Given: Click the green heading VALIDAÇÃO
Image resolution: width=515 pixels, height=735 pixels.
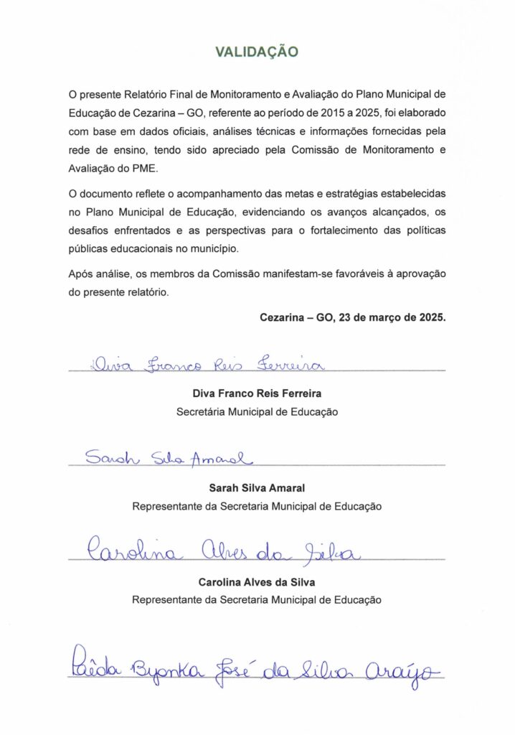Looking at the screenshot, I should (257, 52).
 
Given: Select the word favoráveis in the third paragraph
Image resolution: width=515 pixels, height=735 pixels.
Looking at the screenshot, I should (352, 274).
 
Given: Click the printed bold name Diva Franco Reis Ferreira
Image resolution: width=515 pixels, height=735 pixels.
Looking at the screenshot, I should (257, 394).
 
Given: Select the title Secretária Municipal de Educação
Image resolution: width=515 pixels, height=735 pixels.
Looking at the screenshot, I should (257, 412).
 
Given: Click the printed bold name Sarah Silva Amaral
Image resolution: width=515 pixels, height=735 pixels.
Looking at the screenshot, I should (257, 487).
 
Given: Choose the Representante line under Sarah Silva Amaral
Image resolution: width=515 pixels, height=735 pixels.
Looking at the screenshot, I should (257, 506).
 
